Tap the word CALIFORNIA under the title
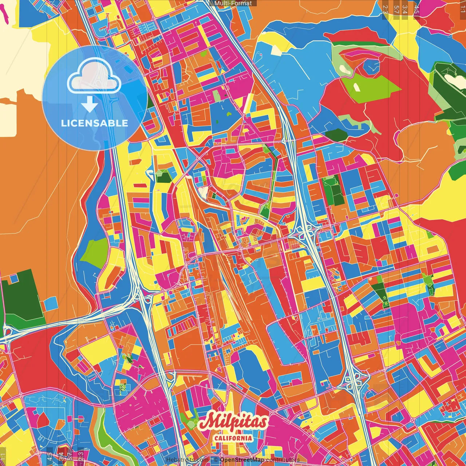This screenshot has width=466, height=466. [x=233, y=438]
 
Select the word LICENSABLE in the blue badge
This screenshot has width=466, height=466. [x=95, y=123]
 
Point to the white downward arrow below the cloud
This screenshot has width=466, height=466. [x=90, y=104]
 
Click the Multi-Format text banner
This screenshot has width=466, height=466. [x=233, y=3]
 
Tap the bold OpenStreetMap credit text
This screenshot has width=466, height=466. [x=242, y=460]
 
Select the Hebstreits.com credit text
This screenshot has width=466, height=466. [x=187, y=460]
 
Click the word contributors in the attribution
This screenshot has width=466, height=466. [x=283, y=460]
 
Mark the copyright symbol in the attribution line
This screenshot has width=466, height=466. [x=216, y=460]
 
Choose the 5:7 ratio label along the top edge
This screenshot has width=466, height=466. [x=396, y=9]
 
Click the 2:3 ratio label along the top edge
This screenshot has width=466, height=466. [x=385, y=9]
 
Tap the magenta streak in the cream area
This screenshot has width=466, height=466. [x=4, y=15]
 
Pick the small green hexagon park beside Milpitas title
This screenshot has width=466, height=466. [x=189, y=422]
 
